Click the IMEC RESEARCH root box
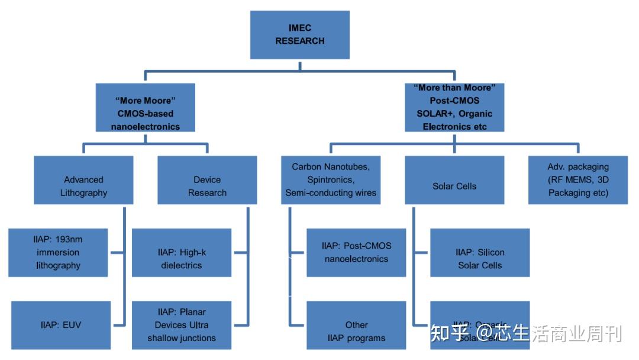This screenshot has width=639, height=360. coord(300,35)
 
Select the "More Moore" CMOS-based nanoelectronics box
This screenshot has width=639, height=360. coord(145,107)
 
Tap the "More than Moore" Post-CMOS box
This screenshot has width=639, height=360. coord(454,107)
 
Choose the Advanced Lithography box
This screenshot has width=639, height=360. coord(83,180)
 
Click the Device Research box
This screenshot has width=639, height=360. coord(207,180)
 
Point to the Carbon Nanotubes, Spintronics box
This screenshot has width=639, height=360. coord(331,180)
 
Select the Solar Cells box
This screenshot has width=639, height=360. coord(454,180)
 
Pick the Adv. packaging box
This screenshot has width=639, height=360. coord(578,180)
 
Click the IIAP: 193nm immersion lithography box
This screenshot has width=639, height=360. coord(58,253)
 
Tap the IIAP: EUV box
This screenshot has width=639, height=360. coord(60,325)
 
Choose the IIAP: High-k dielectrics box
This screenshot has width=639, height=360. coord(182,253)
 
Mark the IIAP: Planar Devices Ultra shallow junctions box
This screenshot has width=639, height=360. coord(182,325)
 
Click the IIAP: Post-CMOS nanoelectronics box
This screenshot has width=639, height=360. coord(356,253)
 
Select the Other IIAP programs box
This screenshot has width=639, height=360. coord(356,325)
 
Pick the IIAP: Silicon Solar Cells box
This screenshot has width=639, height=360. coord(480,253)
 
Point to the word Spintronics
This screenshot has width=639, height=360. coord(331,180)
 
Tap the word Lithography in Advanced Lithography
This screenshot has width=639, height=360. coord(83,193)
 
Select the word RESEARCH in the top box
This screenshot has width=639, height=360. coord(300,41)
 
